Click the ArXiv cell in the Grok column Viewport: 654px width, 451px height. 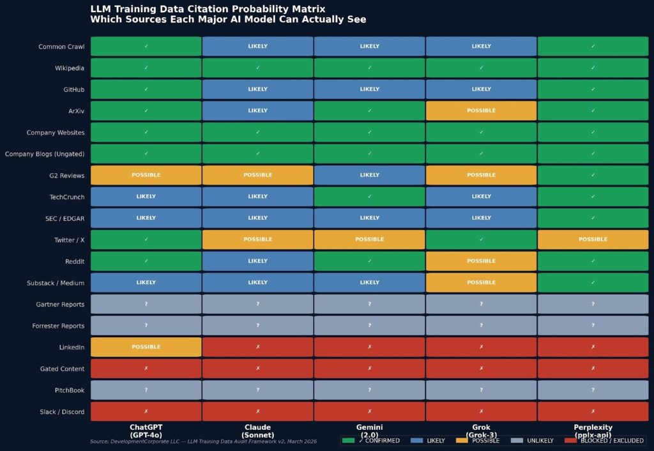[x=481, y=111]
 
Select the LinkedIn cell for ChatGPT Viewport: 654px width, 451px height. [x=146, y=347]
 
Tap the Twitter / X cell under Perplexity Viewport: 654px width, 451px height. [x=593, y=240]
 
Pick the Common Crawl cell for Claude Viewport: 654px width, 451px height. [x=258, y=46]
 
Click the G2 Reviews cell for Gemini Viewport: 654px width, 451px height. [x=369, y=175]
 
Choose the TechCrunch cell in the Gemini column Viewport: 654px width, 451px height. [x=369, y=197]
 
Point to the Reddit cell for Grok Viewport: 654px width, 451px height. [x=481, y=261]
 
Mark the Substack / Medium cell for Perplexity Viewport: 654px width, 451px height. [x=593, y=282]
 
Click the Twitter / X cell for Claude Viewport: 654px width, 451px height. [x=258, y=240]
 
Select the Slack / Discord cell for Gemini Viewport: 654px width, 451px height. [x=369, y=411]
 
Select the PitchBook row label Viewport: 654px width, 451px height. [x=70, y=390]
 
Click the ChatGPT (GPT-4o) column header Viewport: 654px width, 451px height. [x=146, y=431]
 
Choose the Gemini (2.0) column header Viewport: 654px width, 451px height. [x=369, y=431]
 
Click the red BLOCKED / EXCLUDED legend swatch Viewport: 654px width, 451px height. [x=570, y=441]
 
